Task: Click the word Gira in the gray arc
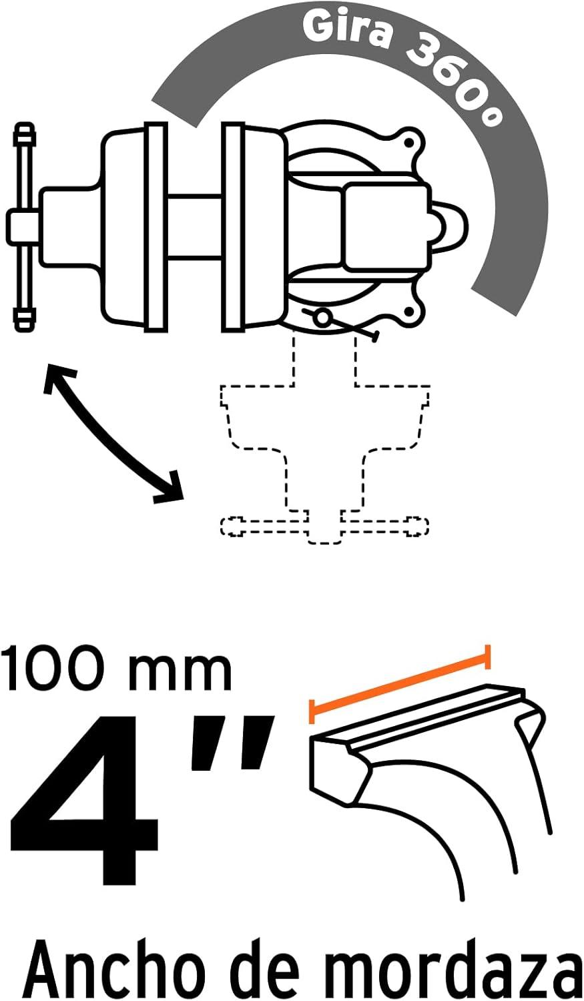[346, 31]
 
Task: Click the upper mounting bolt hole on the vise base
[408, 143]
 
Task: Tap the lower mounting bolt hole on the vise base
[408, 311]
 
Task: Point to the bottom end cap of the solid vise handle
[24, 320]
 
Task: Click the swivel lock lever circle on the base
[321, 318]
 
